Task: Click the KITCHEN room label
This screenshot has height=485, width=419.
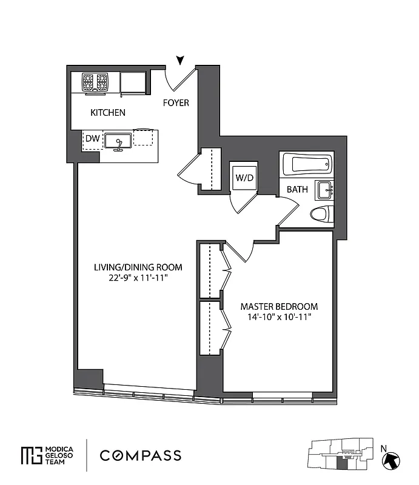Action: pyautogui.click(x=108, y=113)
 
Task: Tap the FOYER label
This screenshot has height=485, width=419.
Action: pyautogui.click(x=176, y=103)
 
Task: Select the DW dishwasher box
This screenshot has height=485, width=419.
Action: pyautogui.click(x=92, y=139)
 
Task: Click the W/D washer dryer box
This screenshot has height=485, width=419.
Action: pyautogui.click(x=244, y=178)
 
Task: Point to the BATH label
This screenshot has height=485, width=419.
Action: pyautogui.click(x=297, y=189)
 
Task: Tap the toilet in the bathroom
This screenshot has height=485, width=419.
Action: pyautogui.click(x=321, y=214)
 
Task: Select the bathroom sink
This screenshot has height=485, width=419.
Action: pyautogui.click(x=324, y=190)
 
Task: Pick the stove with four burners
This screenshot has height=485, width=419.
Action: pyautogui.click(x=95, y=81)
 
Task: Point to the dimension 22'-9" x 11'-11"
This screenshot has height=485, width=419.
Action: pyautogui.click(x=130, y=278)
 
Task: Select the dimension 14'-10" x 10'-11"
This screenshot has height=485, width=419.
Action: pyautogui.click(x=279, y=317)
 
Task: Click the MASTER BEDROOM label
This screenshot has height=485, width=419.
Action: pyautogui.click(x=279, y=306)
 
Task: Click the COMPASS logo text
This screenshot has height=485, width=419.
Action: pyautogui.click(x=140, y=455)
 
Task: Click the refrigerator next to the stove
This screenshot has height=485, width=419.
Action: pyautogui.click(x=133, y=82)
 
